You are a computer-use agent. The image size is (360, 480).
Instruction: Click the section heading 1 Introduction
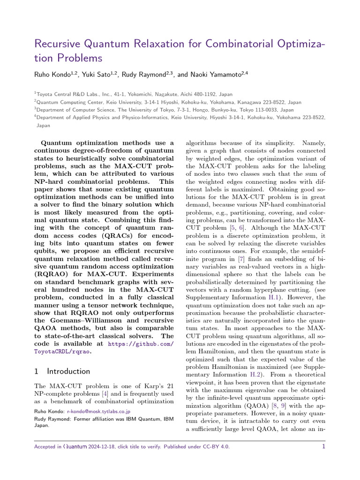click(62, 371)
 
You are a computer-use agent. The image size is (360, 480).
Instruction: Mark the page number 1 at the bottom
click(323, 447)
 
